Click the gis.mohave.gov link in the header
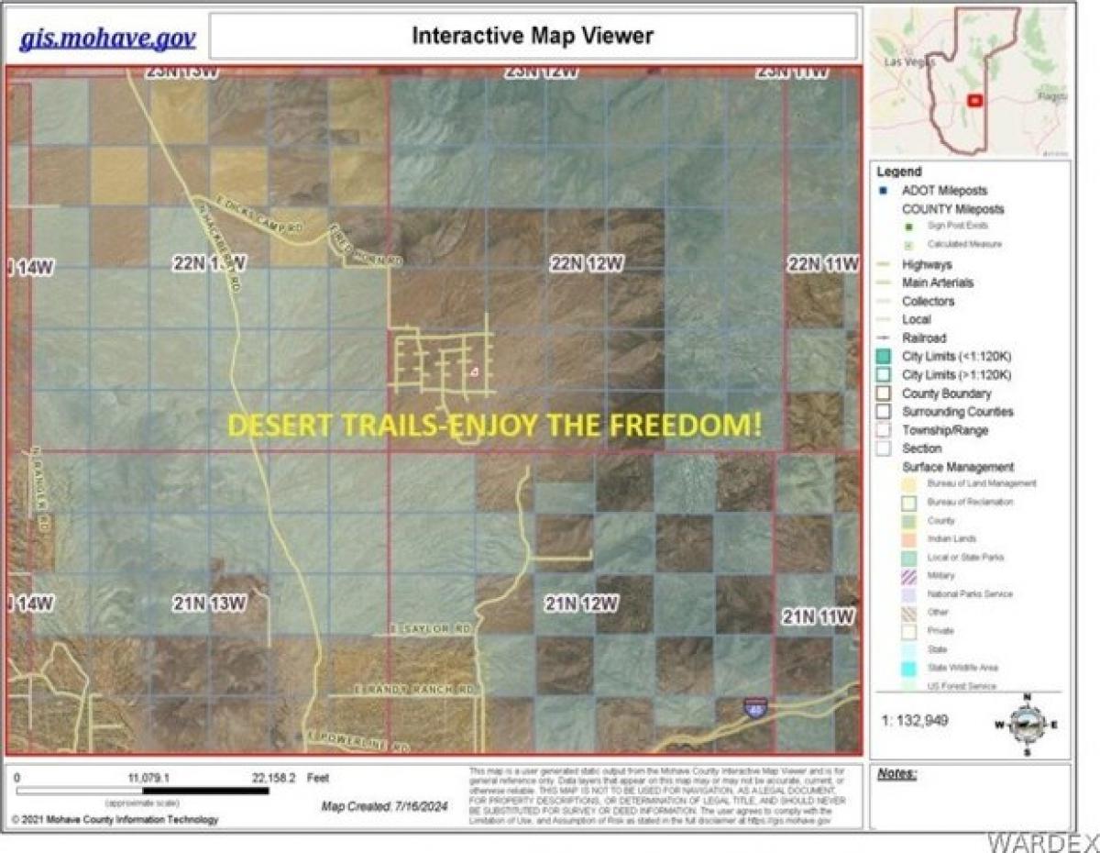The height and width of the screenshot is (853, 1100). (x=107, y=38)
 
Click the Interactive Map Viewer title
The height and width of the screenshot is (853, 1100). (x=533, y=36)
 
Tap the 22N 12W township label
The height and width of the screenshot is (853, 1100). (x=587, y=264)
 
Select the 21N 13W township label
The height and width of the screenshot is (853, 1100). (x=209, y=603)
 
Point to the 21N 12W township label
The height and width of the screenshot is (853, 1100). (x=581, y=604)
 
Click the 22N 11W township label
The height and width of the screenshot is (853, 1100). (x=823, y=264)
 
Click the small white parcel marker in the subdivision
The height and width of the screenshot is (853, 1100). (x=475, y=371)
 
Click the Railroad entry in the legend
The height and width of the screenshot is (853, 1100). (x=923, y=338)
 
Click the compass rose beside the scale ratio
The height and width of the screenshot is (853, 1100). (x=1027, y=723)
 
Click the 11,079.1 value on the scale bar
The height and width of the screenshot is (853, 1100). (x=151, y=777)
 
